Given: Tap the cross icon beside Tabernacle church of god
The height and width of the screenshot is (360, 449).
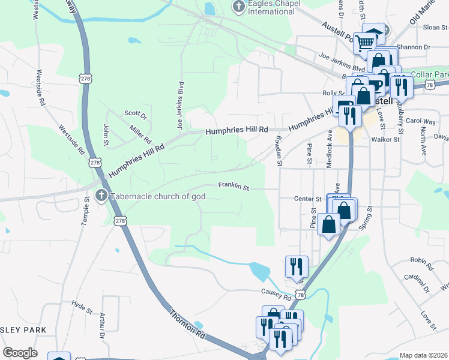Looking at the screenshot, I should click(101, 196).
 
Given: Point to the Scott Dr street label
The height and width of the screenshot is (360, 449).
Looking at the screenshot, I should click(135, 113).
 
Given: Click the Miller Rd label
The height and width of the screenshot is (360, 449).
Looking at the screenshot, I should click(140, 134).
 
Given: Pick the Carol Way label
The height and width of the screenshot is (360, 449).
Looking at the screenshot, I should click(420, 121).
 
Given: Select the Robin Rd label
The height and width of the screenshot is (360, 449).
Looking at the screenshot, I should click(421, 260).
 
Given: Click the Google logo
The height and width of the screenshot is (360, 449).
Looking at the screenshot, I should click(20, 353).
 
